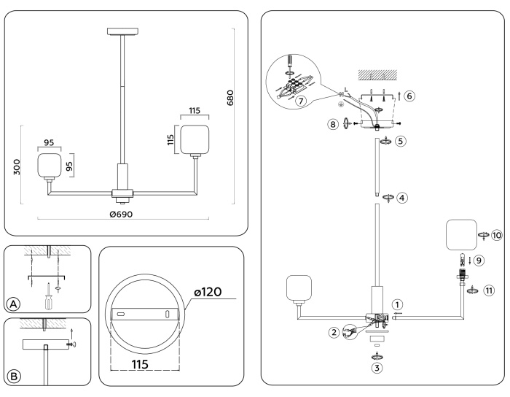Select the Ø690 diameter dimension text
point(122,214)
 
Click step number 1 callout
point(396,304)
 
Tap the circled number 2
point(334,333)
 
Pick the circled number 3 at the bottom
point(377,369)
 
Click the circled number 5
point(401,141)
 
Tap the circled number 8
point(334,124)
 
